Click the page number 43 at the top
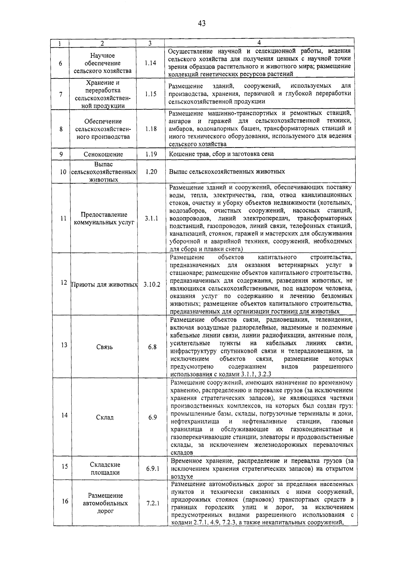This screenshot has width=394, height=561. tap(202, 23)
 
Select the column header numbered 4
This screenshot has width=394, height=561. tap(259, 43)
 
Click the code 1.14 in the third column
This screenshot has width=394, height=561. tap(150, 63)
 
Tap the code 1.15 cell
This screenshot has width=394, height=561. tap(150, 94)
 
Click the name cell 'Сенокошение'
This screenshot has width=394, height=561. tap(103, 154)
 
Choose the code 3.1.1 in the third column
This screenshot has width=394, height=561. tap(151, 218)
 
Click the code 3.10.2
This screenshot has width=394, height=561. tap(152, 284)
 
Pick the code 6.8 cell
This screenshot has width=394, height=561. tap(152, 347)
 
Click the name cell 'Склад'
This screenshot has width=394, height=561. tap(105, 417)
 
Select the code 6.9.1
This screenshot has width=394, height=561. tap(153, 469)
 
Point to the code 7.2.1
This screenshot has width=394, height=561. tap(153, 503)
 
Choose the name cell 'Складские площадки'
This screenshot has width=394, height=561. tap(105, 469)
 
